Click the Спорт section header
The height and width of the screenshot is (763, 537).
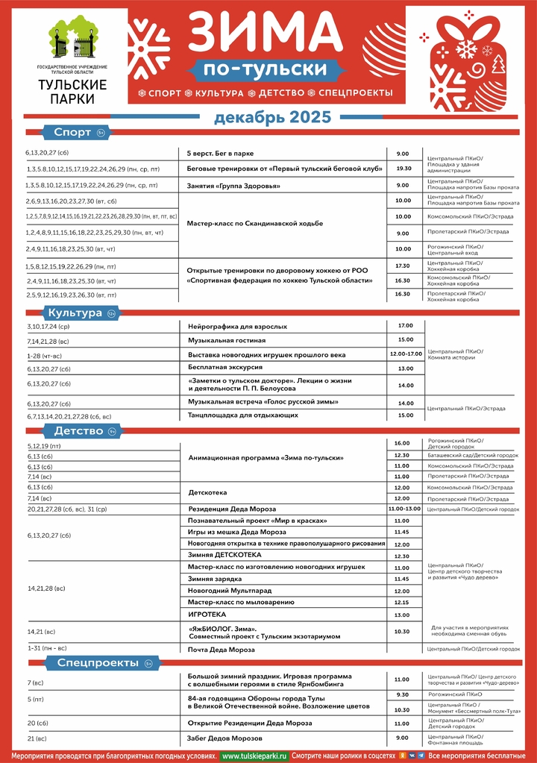pyautogui.click(x=72, y=133)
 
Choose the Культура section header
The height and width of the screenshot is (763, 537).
pyautogui.click(x=74, y=313)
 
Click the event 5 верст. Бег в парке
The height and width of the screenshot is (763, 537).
pyautogui.click(x=220, y=153)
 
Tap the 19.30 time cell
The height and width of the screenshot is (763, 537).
pyautogui.click(x=403, y=169)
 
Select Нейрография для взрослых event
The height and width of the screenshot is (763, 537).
pyautogui.click(x=237, y=327)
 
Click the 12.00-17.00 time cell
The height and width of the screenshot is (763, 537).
pyautogui.click(x=406, y=354)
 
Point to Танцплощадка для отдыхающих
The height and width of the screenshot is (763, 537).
pyautogui.click(x=237, y=415)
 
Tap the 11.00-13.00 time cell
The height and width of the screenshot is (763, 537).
pyautogui.click(x=404, y=508)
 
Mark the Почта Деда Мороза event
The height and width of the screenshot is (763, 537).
pyautogui.click(x=221, y=649)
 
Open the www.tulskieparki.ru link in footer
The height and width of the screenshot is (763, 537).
pyautogui.click(x=254, y=755)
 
